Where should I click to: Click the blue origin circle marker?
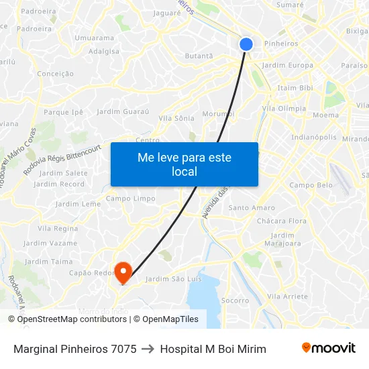pyautogui.click(x=246, y=44)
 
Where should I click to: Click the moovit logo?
pyautogui.click(x=328, y=348)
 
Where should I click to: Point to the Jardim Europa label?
pyautogui.click(x=287, y=66)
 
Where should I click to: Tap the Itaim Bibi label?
pyautogui.click(x=295, y=88)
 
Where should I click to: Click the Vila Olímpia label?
pyautogui.click(x=284, y=109)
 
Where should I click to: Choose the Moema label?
pyautogui.click(x=325, y=115)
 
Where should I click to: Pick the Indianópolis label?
pyautogui.click(x=314, y=137)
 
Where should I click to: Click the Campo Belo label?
pyautogui.click(x=311, y=185)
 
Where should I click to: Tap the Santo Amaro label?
pyautogui.click(x=252, y=208)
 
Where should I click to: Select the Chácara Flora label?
pyautogui.click(x=286, y=221)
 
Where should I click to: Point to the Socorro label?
pyautogui.click(x=235, y=301)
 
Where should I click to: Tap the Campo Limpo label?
pyautogui.click(x=130, y=199)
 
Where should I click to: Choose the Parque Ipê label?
pyautogui.click(x=64, y=112)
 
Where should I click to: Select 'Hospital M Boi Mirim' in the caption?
pyautogui.click(x=213, y=349)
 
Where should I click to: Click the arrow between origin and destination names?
pyautogui.click(x=148, y=349)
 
